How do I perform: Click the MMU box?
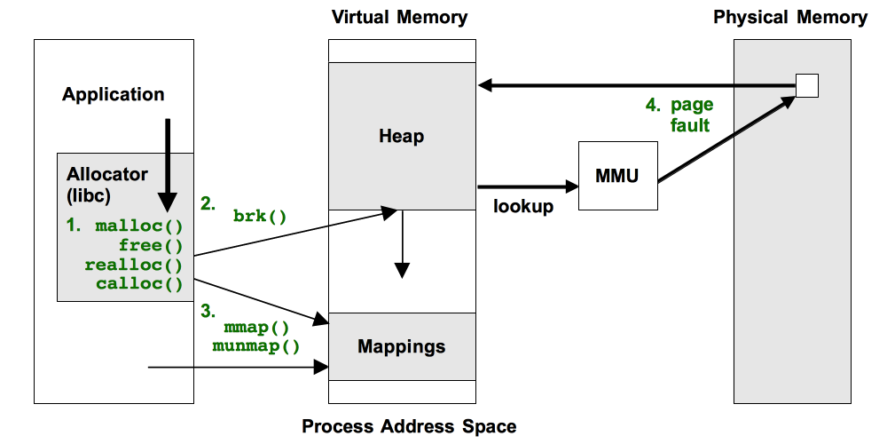click(x=618, y=176)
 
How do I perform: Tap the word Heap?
click(x=402, y=137)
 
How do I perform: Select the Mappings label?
click(x=402, y=346)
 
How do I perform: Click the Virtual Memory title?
click(x=399, y=17)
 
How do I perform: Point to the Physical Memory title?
click(x=790, y=17)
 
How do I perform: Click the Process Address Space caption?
click(x=409, y=426)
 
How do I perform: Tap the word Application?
click(x=114, y=94)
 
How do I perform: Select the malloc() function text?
click(x=138, y=226)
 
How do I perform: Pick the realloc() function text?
click(x=134, y=265)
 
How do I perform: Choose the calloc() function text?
click(x=138, y=284)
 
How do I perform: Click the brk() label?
click(x=260, y=216)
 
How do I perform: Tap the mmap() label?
click(x=256, y=327)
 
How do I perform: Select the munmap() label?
click(x=256, y=346)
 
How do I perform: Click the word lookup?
click(x=523, y=207)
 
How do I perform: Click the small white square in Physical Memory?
click(x=806, y=86)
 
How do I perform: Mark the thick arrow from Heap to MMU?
click(x=527, y=186)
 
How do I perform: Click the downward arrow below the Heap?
click(x=402, y=244)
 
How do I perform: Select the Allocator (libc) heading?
click(x=107, y=183)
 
